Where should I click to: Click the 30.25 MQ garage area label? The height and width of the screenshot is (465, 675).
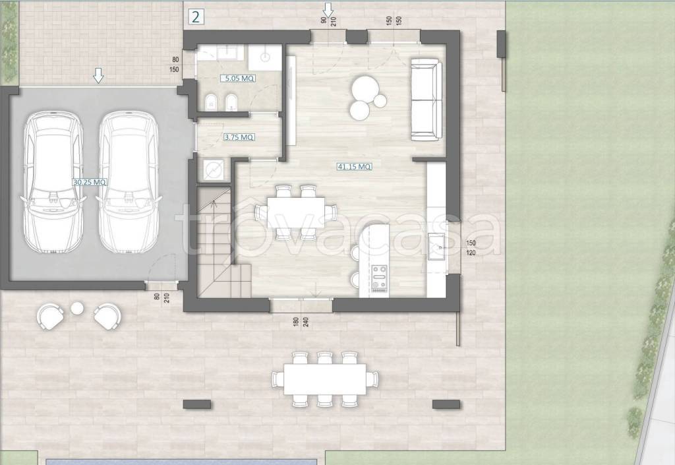(89, 182)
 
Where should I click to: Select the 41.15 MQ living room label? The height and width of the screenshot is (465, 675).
(354, 167)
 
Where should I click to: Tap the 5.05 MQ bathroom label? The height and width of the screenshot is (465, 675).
(238, 78)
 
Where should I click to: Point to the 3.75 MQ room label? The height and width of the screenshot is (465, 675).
(239, 137)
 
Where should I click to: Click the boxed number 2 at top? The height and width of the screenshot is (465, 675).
(196, 17)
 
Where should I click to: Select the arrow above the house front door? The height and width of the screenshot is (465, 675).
(328, 10)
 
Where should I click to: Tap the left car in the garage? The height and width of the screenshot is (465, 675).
(53, 181)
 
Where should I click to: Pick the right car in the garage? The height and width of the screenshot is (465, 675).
(129, 181)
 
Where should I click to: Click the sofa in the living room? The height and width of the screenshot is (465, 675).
(426, 100)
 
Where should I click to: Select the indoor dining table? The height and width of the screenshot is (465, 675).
(296, 212)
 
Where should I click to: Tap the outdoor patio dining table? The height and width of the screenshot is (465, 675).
(325, 379)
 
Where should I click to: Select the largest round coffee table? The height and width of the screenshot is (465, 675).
(365, 89)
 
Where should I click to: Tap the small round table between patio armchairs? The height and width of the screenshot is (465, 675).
(77, 308)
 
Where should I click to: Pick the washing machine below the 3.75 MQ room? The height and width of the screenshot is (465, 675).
(213, 170)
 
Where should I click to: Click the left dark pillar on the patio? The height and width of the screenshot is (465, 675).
(197, 404)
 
